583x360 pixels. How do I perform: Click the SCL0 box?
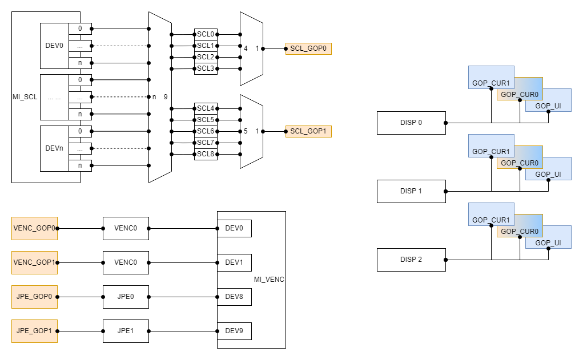(x=206, y=34)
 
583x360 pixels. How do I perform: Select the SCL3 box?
(x=206, y=68)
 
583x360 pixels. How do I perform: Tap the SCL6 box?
(x=206, y=131)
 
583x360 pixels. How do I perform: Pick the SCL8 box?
(x=206, y=154)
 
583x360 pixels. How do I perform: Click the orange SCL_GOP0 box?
(x=308, y=48)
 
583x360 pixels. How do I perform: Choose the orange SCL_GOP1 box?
(x=308, y=131)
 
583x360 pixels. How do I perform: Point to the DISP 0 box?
(x=411, y=123)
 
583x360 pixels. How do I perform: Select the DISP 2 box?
(x=411, y=260)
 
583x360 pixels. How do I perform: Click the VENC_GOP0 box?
(x=34, y=228)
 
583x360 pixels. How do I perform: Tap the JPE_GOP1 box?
(x=34, y=331)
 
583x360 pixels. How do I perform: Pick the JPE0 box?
(x=126, y=297)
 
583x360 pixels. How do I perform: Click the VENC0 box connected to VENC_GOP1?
(x=126, y=262)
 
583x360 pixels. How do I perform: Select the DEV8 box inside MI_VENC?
(x=234, y=297)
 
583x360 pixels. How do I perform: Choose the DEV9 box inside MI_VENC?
(x=234, y=331)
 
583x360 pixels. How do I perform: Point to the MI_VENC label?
(x=269, y=280)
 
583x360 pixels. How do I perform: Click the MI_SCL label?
(x=25, y=97)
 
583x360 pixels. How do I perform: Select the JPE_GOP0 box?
(x=34, y=297)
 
